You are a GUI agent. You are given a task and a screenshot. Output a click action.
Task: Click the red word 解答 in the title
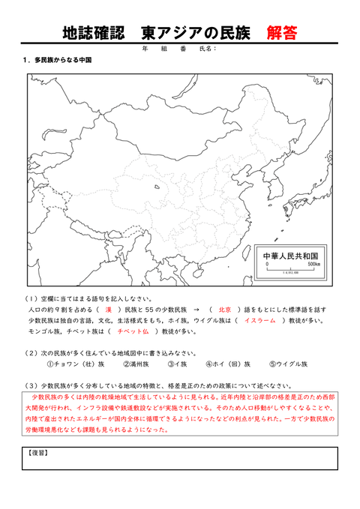pyautogui.click(x=281, y=33)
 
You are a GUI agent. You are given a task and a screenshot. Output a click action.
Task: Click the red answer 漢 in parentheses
pyautogui.click(x=108, y=309)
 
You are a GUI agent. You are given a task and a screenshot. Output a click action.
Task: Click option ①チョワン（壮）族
pyautogui.click(x=75, y=364)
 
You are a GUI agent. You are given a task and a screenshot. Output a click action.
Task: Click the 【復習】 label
pyautogui.click(x=37, y=453)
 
